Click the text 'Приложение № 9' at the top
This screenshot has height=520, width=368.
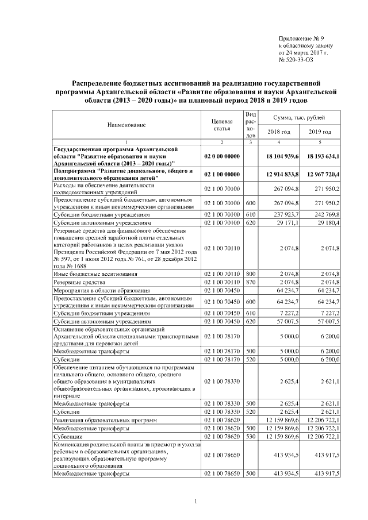tap(300, 36)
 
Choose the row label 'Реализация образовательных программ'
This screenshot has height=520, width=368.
tap(105, 420)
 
